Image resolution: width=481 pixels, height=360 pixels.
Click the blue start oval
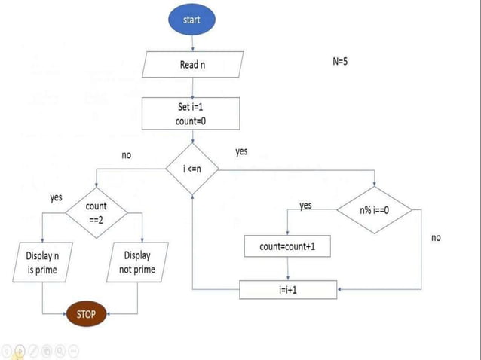pos(192,20)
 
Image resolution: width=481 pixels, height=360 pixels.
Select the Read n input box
pos(193,65)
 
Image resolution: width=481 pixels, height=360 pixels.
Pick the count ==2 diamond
pos(97,212)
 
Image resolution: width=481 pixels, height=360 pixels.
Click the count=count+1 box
pos(287,246)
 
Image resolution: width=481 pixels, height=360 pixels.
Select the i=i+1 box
pos(288,288)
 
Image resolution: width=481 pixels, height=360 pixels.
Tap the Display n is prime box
pos(41,262)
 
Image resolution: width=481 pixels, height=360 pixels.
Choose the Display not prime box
pos(137,262)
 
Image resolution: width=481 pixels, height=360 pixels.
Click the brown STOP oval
pos(87,313)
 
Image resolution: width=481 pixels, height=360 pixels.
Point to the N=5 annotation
pos(340,61)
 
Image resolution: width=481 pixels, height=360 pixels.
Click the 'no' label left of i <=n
pos(126,155)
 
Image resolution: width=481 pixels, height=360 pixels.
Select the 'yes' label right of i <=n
pos(241,152)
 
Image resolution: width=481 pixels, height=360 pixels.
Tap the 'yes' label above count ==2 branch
pos(56,197)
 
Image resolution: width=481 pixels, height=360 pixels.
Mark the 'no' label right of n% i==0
pos(436,237)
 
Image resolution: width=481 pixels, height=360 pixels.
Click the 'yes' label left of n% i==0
pos(305,205)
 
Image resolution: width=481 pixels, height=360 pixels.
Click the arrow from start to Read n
pos(192,43)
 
